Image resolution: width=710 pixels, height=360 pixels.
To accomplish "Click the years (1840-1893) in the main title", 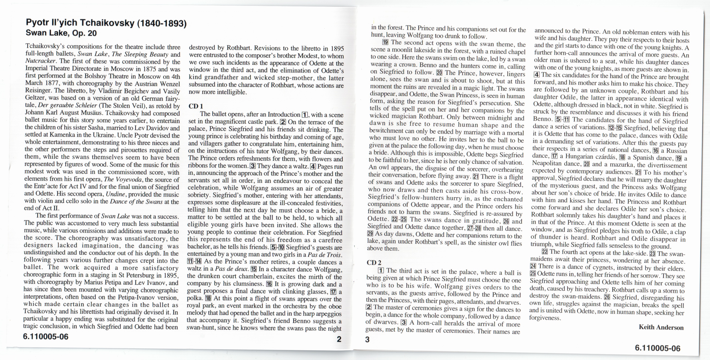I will [162, 23].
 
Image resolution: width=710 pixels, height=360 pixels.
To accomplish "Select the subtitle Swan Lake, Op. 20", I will [61, 33].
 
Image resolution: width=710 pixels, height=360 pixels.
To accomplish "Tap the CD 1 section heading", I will [196, 106].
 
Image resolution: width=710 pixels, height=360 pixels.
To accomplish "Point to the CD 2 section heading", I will [374, 262].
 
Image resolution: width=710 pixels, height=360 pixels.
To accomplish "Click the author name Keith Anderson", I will [661, 327].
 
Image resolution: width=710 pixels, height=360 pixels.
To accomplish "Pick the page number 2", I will [339, 339].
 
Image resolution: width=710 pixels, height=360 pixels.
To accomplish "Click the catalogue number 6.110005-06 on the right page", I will [658, 348].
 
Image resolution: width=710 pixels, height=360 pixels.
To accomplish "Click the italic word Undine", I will [115, 194].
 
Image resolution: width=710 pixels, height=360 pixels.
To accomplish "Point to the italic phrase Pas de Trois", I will [325, 255].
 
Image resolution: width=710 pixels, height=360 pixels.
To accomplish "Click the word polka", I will [195, 299].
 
